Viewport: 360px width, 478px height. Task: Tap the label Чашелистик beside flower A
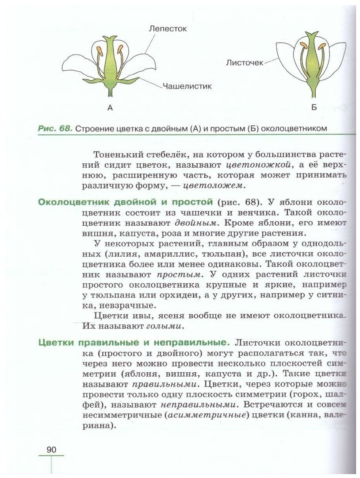pyautogui.click(x=187, y=86)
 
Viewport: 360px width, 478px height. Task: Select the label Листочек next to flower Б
pyautogui.click(x=245, y=63)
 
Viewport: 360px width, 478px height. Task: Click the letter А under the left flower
pyautogui.click(x=110, y=107)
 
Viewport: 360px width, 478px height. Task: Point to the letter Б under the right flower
pyautogui.click(x=314, y=107)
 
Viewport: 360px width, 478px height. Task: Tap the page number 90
pyautogui.click(x=51, y=449)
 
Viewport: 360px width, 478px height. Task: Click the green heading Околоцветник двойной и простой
pyautogui.click(x=126, y=202)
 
